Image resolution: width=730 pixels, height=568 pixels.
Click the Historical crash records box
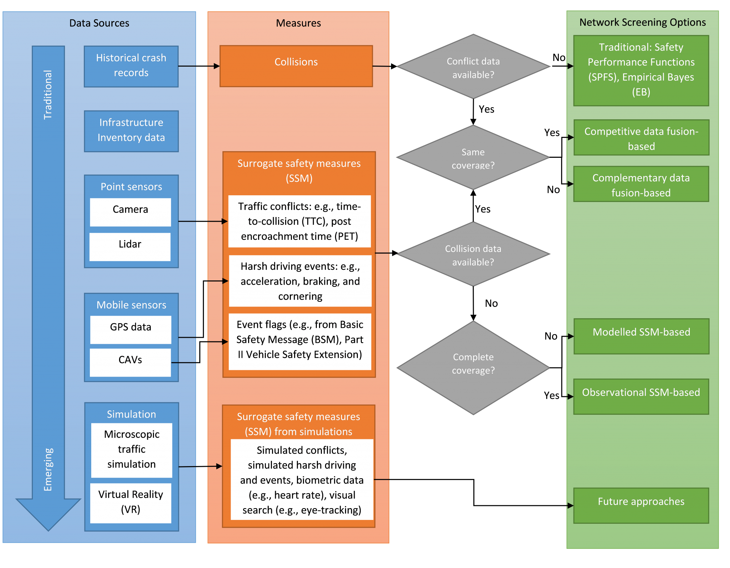point(131,66)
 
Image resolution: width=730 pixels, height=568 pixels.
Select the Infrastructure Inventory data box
point(131,131)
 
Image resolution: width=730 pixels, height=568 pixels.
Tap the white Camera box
point(130,212)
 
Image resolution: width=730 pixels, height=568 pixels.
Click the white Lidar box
point(130,247)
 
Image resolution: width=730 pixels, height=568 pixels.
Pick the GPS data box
point(130,329)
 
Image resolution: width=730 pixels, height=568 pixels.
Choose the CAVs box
point(130,362)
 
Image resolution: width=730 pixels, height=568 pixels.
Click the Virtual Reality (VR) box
point(130,503)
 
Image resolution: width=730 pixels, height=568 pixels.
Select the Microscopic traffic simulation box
point(132,450)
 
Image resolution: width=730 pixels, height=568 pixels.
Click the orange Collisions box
point(296,66)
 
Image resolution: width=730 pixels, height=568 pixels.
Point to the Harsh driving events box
point(300,281)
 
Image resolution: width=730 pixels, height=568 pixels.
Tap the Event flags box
point(300,341)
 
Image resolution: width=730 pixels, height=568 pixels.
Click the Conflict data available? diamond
point(473,67)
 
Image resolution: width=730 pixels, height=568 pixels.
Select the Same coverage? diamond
point(473,157)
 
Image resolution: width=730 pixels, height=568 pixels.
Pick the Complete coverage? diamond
point(473,367)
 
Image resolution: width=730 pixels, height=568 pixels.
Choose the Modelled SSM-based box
point(641,336)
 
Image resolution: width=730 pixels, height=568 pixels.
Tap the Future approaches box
point(641,505)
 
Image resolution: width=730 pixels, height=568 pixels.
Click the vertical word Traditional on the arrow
point(48,94)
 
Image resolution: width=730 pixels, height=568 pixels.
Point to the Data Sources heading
point(99,23)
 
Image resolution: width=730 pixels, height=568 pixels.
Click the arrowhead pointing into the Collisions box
point(216,66)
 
